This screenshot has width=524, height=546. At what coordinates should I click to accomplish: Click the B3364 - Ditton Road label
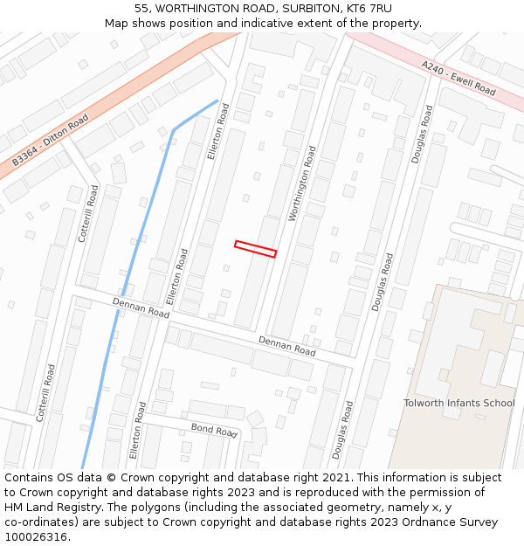pos(50,140)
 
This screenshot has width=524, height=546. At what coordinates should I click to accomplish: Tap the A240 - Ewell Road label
pos(458,78)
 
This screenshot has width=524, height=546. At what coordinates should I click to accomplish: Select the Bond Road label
pos(214,430)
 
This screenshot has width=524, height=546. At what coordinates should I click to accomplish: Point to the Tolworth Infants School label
pos(458,403)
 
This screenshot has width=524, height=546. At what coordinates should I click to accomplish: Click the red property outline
pos(255,249)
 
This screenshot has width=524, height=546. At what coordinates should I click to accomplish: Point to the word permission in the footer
pos(424,493)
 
